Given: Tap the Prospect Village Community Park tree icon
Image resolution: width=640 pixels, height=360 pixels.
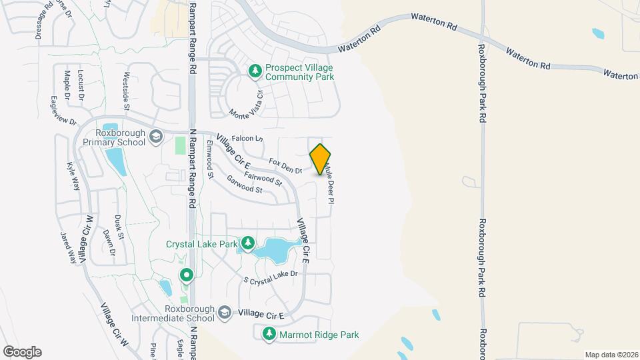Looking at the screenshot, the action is coord(255,70).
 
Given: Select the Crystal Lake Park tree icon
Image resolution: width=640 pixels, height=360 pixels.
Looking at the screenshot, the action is coord(248,243).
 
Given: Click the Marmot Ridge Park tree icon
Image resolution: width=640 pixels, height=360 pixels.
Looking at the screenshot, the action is coord(269,334).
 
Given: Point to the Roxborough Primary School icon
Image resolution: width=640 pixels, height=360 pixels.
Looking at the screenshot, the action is coord(156,136).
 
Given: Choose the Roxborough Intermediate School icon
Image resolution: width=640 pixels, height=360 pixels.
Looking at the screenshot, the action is coord(226,313).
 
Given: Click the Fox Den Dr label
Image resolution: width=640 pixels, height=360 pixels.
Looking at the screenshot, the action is coord(285,166).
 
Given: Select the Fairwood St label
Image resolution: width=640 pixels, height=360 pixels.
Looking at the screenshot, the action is coord(263,178).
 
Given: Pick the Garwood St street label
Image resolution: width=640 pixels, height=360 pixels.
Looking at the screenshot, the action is coord(244,185).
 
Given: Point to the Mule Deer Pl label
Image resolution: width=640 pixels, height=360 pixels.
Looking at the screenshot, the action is coord(328,185).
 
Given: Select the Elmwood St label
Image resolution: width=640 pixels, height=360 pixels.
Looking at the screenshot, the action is coord(209,159).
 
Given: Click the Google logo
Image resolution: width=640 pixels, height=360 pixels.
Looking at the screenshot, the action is coord(22,352).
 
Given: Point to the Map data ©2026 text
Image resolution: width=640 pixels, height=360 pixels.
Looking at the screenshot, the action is coord(611,355).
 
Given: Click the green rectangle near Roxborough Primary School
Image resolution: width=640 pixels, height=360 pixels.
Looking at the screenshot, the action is coord(181,145).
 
